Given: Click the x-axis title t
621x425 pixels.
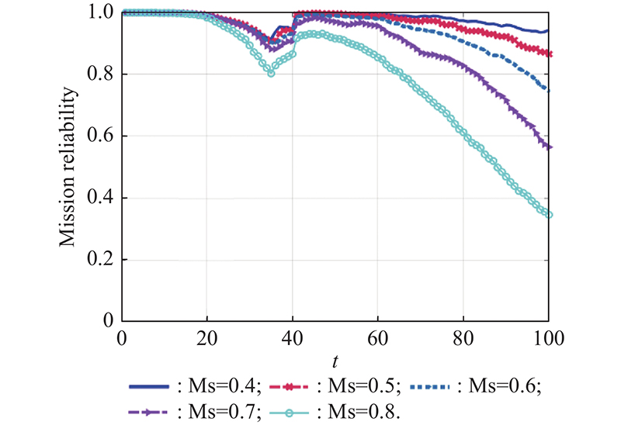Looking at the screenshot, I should [x=335, y=360].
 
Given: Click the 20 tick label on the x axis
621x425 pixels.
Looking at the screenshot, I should [x=206, y=338].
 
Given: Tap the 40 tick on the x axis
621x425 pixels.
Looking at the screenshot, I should [x=292, y=338].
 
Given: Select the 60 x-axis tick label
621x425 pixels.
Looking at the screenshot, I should [x=377, y=338].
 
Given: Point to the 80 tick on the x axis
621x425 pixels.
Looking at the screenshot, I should [x=463, y=338].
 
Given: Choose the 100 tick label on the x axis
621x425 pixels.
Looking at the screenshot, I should [x=548, y=338].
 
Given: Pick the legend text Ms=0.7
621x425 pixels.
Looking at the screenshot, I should [x=224, y=410].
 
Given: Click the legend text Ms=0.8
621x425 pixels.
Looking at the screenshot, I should [x=364, y=410].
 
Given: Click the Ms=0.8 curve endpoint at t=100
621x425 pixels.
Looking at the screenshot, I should [x=549, y=215].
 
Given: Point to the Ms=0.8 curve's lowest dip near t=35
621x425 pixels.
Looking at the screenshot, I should [x=271, y=73].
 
